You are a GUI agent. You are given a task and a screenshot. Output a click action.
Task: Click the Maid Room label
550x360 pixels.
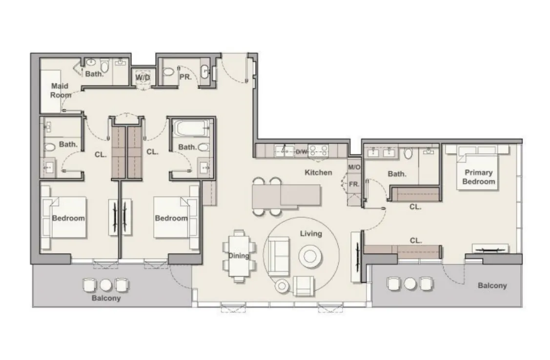61,90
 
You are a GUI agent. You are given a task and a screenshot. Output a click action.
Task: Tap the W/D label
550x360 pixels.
143,78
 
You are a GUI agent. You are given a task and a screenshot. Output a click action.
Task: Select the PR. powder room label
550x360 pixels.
185,77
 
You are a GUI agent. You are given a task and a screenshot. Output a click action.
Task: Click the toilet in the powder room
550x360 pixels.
168,72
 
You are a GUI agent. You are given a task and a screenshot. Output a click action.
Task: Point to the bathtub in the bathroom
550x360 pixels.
191,128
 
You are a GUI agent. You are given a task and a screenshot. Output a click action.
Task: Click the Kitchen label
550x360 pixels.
318,173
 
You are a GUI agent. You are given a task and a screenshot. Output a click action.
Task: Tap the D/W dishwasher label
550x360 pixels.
301,152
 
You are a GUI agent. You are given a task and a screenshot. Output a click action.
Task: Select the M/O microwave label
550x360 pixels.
354,167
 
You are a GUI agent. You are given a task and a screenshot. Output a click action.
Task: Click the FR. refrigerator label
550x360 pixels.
354,184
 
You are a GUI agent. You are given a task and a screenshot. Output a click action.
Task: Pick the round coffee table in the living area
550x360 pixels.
310,256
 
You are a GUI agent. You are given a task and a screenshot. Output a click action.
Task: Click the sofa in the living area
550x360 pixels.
279,256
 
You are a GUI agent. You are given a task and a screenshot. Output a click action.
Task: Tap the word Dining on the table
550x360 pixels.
239,256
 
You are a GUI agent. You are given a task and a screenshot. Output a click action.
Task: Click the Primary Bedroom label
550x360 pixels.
478,177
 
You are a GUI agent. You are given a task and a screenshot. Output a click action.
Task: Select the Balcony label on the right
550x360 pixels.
492,286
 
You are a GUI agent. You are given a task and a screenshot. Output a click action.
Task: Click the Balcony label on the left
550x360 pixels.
106,299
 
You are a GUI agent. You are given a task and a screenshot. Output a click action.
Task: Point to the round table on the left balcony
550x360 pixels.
105,285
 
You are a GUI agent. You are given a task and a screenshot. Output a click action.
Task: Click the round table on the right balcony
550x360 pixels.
410,283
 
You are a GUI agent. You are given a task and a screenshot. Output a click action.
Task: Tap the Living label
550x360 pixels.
311,234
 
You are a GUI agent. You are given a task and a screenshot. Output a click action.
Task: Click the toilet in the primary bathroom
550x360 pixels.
408,153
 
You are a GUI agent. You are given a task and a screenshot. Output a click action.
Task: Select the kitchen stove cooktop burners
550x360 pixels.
319,151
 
